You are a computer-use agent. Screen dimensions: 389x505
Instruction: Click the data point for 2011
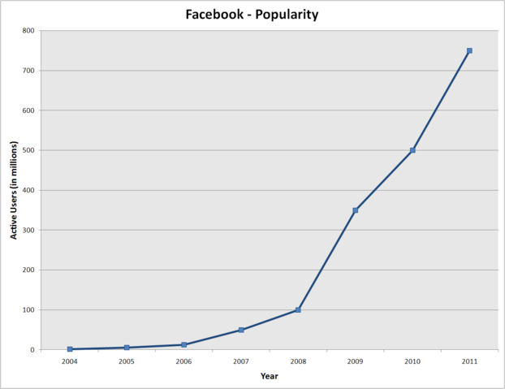469,50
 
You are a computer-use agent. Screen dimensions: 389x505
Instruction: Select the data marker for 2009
356,210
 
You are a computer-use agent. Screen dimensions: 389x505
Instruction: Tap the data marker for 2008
298,309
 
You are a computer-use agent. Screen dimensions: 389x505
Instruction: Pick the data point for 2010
412,150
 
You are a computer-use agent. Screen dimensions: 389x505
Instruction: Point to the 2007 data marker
241,330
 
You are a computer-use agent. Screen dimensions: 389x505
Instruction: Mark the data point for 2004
70,349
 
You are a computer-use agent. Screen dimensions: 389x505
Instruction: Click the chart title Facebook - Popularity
252,14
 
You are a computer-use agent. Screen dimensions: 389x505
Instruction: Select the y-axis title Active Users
14,191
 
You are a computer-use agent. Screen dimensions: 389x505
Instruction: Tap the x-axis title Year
269,375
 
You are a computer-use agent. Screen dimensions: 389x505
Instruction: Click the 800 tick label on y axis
28,31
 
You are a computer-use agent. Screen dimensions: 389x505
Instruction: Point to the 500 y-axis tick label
28,150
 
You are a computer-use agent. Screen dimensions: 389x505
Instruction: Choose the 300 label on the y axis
28,230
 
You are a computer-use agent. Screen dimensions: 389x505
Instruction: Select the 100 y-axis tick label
28,310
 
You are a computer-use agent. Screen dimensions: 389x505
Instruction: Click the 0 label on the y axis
32,350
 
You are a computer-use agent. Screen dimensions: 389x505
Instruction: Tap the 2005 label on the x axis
127,361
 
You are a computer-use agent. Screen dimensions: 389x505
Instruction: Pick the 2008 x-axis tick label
298,361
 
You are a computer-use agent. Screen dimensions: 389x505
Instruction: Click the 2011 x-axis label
469,361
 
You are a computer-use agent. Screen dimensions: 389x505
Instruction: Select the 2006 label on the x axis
183,361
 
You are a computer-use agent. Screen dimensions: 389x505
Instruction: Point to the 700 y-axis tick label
28,71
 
